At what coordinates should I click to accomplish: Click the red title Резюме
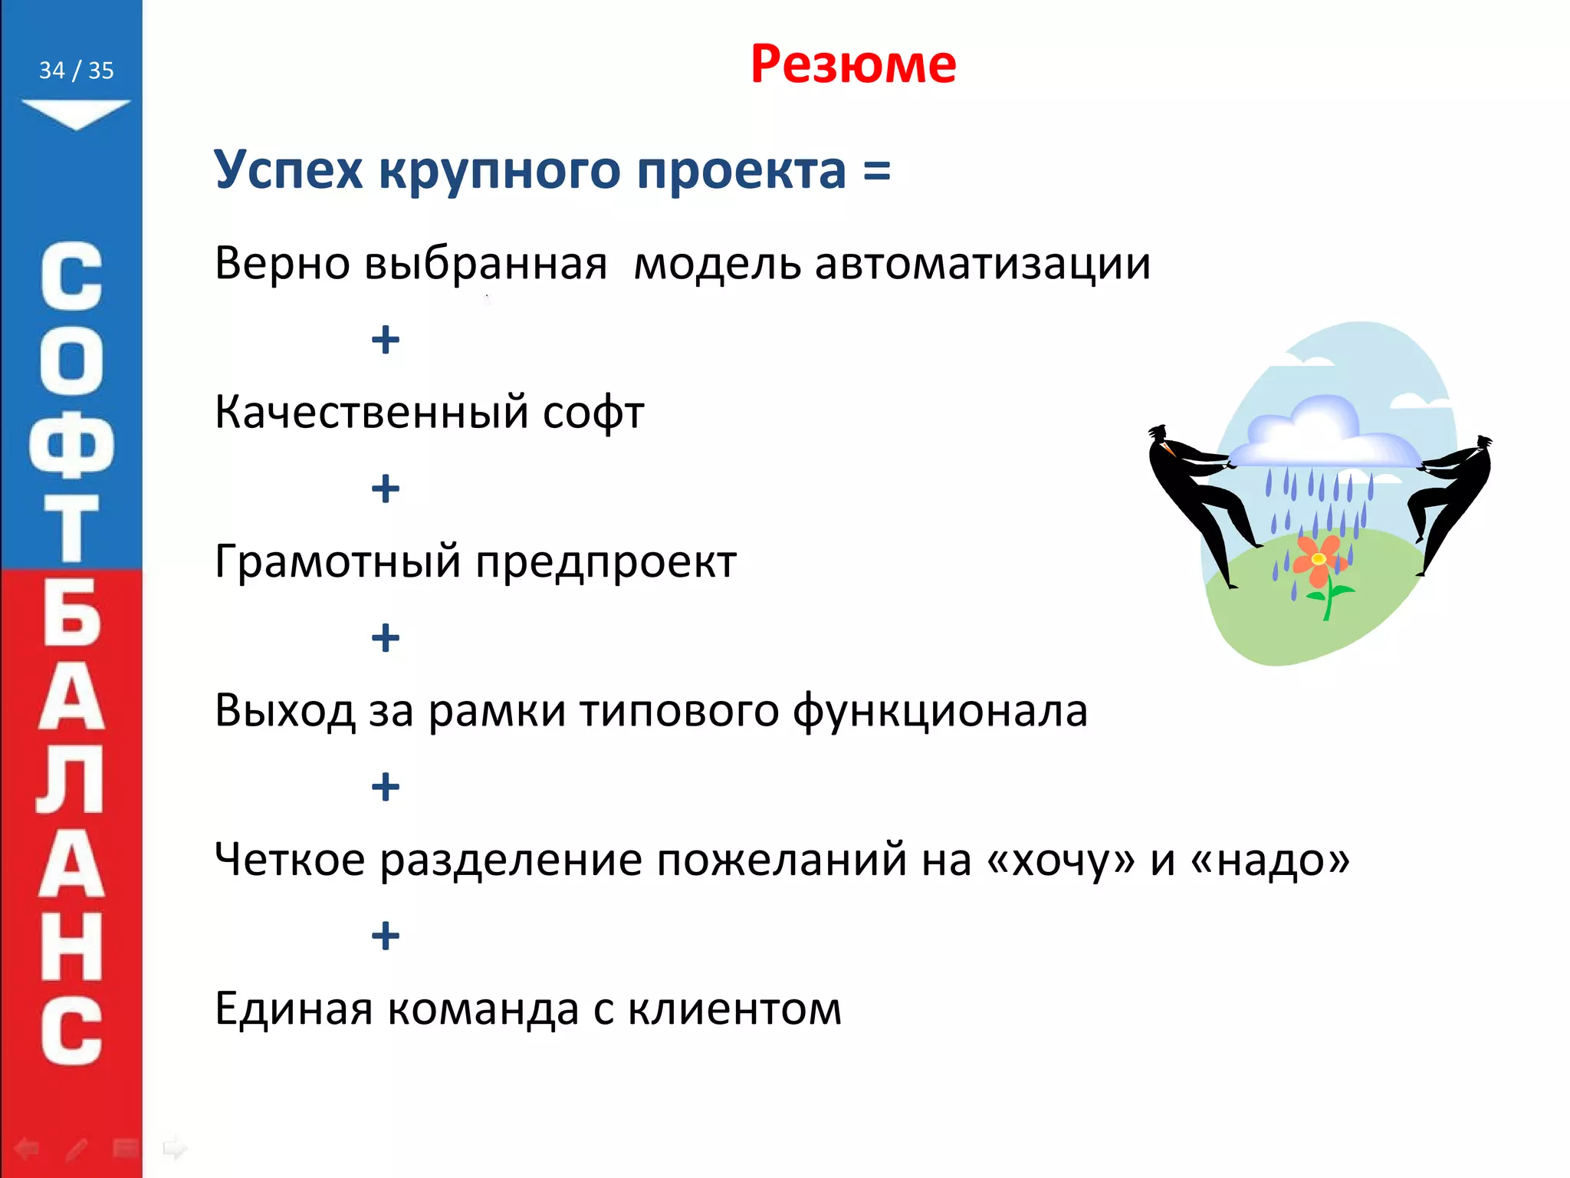tap(852, 64)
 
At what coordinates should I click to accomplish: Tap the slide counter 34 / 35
tap(76, 71)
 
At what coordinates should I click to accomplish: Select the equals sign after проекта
tap(876, 171)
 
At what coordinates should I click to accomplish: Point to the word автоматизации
tap(982, 264)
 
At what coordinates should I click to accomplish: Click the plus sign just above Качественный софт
tap(385, 340)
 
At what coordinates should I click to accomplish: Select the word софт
tap(593, 413)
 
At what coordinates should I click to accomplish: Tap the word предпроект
tap(606, 562)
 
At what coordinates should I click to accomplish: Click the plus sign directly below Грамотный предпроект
tap(385, 637)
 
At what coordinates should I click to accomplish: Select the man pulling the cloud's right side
tap(1453, 499)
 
